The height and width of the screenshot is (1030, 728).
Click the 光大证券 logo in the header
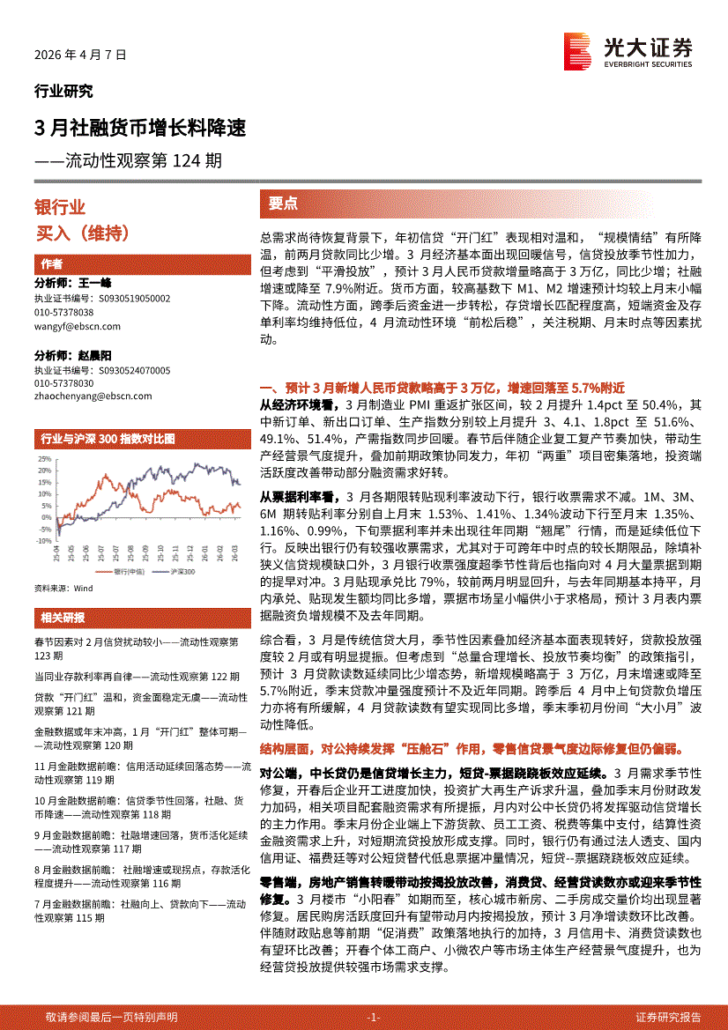tap(628, 51)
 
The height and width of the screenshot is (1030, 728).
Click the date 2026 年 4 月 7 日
tap(80, 54)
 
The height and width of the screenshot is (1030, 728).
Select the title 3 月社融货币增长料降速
tap(139, 129)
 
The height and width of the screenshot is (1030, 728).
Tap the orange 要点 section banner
tap(283, 204)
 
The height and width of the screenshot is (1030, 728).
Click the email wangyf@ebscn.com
tap(78, 326)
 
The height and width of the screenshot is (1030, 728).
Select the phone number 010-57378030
tap(64, 383)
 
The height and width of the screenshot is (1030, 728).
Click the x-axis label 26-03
tap(234, 554)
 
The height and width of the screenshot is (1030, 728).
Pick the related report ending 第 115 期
tap(138, 910)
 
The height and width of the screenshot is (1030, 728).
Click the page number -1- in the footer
tap(373, 1016)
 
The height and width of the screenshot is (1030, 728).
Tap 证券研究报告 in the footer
tap(668, 1016)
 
